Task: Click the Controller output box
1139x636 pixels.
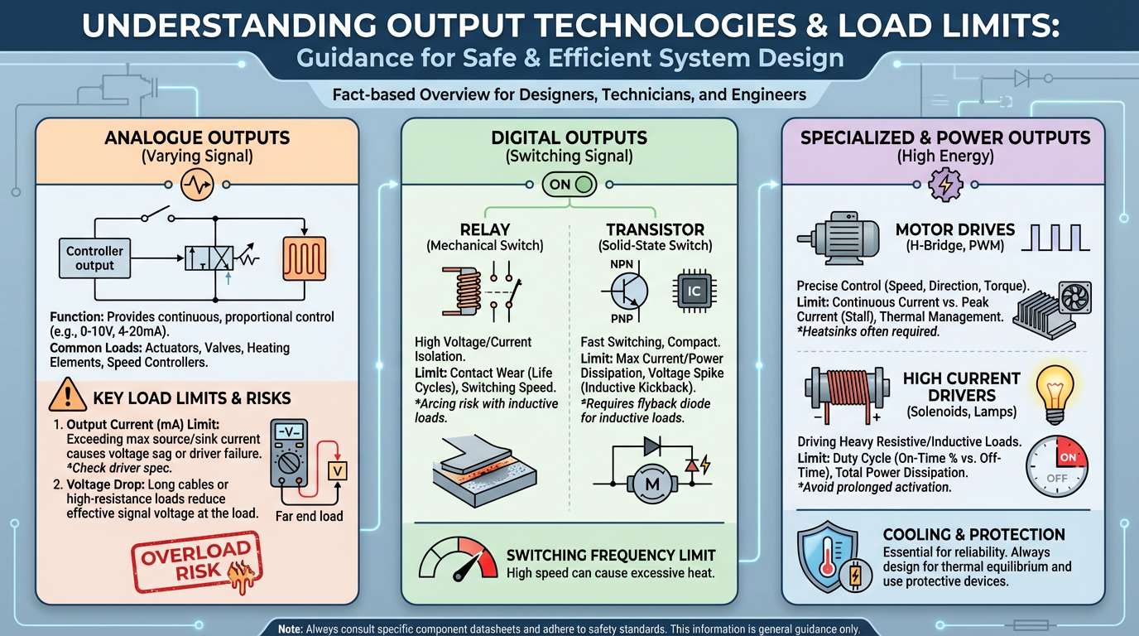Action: pos(94,258)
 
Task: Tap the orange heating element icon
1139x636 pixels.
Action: pos(305,258)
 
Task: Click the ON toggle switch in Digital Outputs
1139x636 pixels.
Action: pos(569,184)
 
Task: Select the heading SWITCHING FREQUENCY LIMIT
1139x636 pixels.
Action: pos(610,555)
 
